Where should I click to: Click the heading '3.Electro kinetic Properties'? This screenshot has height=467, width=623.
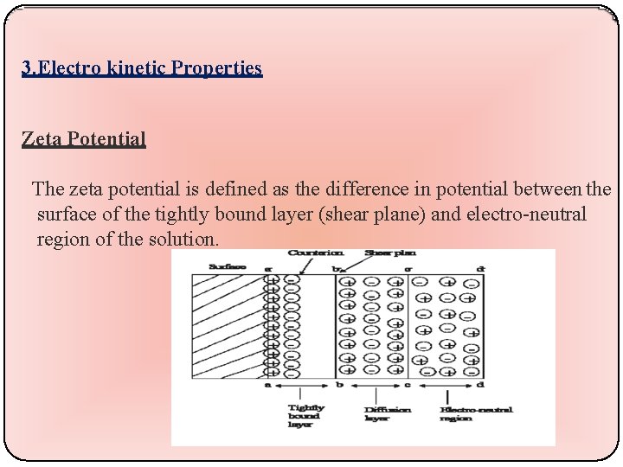(x=142, y=68)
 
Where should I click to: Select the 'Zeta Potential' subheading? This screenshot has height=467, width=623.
(x=84, y=138)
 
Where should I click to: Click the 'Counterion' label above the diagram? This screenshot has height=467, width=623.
(x=316, y=253)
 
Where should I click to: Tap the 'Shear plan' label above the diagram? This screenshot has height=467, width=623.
(x=391, y=253)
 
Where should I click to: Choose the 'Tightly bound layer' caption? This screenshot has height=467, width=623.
(x=306, y=417)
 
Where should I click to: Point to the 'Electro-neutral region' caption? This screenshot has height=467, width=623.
(x=476, y=414)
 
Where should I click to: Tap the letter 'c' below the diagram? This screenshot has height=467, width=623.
(x=408, y=384)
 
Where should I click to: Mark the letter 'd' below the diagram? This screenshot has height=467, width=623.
(x=480, y=384)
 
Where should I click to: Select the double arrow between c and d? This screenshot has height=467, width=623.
(x=444, y=385)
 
